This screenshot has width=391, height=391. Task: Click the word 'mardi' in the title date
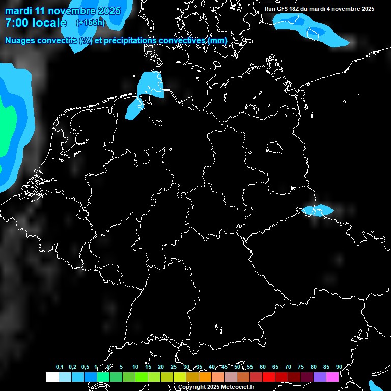18,11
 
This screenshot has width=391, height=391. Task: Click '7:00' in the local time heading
16,23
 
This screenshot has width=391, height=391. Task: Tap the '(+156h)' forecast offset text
90,22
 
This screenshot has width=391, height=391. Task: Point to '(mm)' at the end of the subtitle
217,41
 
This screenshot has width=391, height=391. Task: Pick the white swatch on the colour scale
52,377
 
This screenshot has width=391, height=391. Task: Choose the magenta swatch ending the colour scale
332,377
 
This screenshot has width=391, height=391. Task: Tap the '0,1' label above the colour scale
60,367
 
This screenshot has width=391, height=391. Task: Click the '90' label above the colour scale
339,367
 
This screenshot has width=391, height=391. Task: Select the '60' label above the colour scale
262,367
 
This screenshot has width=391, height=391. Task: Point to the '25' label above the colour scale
173,367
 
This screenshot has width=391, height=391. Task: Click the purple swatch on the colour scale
320,377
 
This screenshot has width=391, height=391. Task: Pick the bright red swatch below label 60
268,377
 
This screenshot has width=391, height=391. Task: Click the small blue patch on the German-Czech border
318,210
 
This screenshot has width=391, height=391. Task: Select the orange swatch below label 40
205,377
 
